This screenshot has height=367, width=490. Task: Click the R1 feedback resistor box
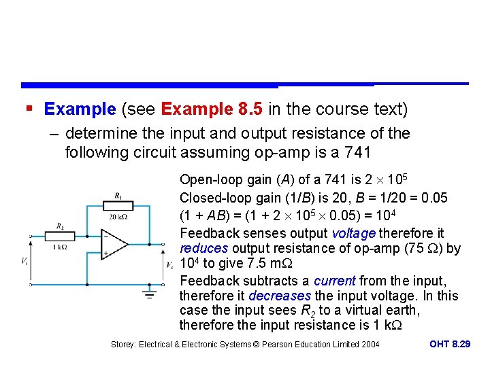pyautogui.click(x=118, y=205)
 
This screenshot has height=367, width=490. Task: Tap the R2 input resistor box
pyautogui.click(x=61, y=235)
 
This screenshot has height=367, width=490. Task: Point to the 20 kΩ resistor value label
pyautogui.click(x=118, y=217)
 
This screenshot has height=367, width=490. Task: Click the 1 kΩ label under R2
pyautogui.click(x=61, y=247)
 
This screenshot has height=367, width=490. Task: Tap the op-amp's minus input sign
pyautogui.click(x=105, y=237)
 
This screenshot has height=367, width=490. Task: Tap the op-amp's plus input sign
pyautogui.click(x=105, y=253)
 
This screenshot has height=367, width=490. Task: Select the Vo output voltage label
pyautogui.click(x=169, y=264)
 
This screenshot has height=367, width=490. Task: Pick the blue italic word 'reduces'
pyautogui.click(x=203, y=248)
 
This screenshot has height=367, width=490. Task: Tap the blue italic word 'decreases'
pyautogui.click(x=280, y=296)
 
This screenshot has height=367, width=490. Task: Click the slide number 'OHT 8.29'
pyautogui.click(x=450, y=345)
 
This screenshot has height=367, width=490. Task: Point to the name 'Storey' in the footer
pyautogui.click(x=125, y=345)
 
